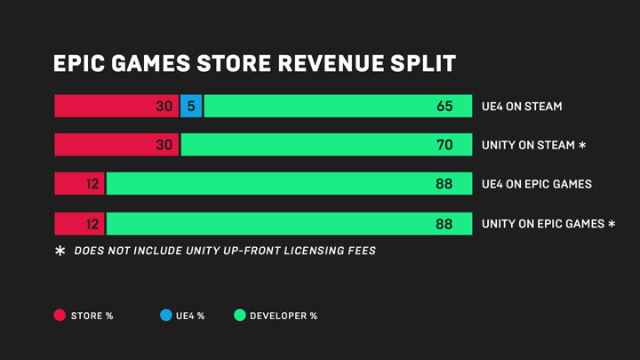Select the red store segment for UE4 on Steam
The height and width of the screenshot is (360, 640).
(116, 106)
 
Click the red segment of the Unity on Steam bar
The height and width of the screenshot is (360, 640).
(116, 145)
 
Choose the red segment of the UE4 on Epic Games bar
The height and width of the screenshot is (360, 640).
(79, 184)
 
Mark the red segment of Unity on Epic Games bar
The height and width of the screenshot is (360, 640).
(79, 223)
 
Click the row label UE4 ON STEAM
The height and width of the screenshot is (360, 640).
(522, 107)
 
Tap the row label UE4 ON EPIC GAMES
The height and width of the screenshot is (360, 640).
(537, 184)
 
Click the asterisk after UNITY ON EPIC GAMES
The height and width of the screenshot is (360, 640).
(612, 223)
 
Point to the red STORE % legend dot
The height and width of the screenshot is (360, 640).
(60, 316)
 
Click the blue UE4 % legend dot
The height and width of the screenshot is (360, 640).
(165, 316)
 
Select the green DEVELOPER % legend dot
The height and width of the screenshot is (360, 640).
(239, 316)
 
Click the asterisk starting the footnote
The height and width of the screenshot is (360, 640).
(60, 252)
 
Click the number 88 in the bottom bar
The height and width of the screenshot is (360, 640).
(444, 224)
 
